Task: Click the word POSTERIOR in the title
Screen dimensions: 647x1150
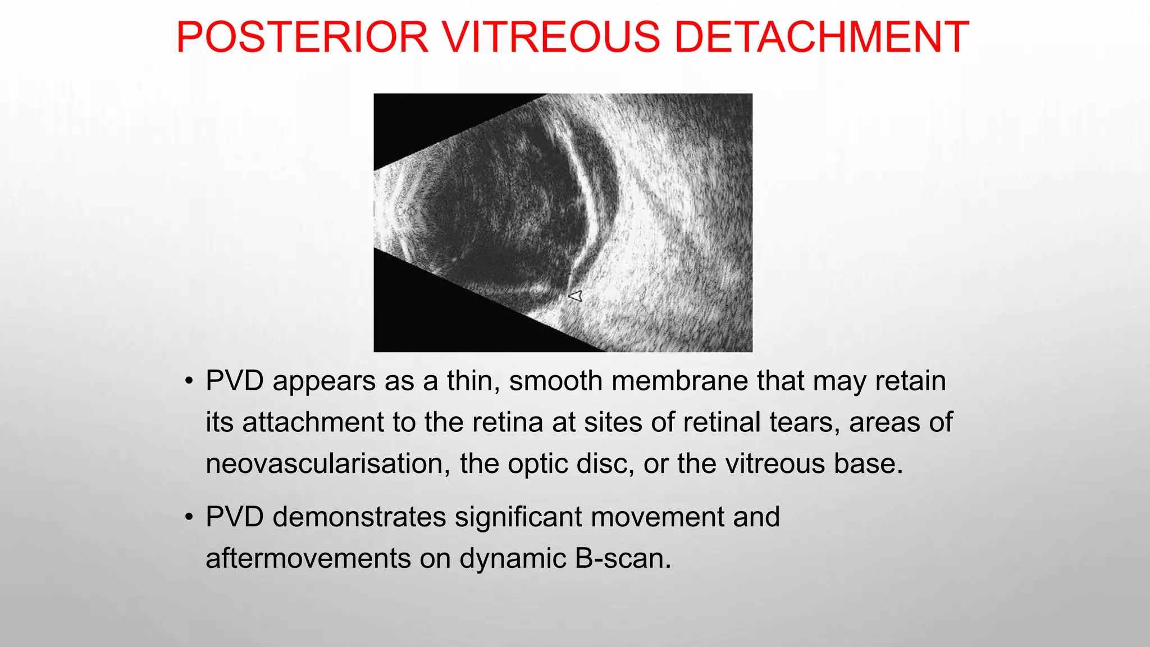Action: click(x=302, y=37)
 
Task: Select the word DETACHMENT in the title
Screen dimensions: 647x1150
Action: click(x=821, y=37)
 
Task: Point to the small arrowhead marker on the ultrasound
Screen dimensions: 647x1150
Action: click(x=576, y=296)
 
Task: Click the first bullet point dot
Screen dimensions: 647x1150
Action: click(x=189, y=381)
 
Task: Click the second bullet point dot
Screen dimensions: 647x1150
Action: click(x=189, y=517)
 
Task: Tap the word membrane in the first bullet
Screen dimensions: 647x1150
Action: click(x=679, y=381)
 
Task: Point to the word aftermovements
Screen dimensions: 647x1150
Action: click(x=308, y=558)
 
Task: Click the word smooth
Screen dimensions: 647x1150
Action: click(x=555, y=381)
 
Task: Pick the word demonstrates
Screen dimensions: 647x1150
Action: click(x=359, y=517)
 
